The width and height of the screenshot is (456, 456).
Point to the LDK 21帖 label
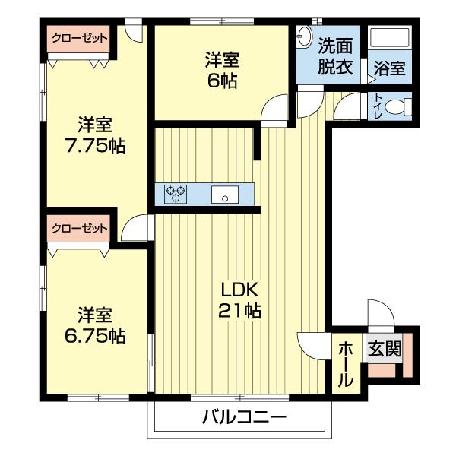[241, 300]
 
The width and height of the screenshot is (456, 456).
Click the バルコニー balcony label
[244, 416]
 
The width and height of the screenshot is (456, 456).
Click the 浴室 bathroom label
[389, 68]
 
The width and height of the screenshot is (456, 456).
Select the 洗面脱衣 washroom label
[335, 55]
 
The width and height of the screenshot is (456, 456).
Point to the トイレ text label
[378, 106]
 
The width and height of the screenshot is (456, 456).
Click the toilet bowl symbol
[397, 107]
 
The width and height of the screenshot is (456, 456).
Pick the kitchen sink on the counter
[224, 195]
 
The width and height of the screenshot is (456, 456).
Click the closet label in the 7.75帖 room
[79, 37]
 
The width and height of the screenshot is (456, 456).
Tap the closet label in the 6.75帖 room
[79, 227]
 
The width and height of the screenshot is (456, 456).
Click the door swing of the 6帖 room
[275, 111]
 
